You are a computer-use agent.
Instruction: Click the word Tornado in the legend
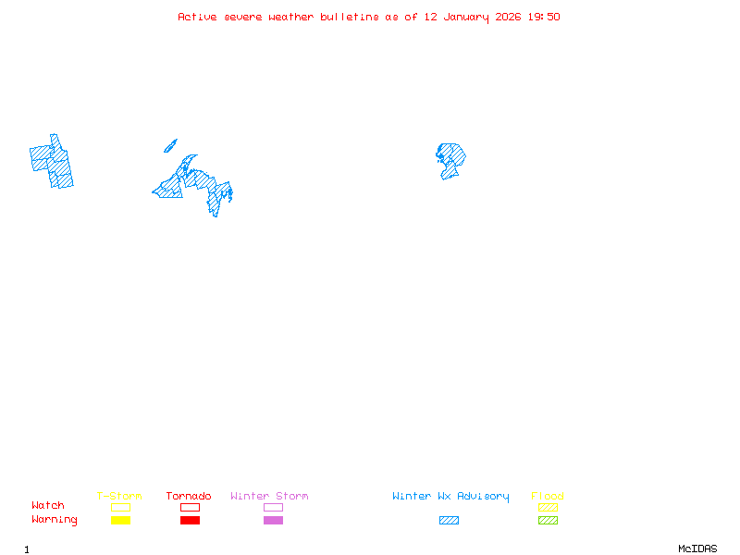189,497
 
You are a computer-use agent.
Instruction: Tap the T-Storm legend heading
119,497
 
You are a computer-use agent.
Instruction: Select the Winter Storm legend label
269,497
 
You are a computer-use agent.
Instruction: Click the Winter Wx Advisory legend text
450,497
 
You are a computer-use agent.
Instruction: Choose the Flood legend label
548,497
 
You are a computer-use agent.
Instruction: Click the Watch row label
48,506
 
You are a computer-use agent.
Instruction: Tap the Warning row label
55,520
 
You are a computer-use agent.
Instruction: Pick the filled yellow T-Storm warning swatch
120,521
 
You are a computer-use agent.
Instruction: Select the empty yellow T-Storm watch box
120,507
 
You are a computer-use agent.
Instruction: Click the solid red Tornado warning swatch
190,521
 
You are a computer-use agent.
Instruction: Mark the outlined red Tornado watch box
190,507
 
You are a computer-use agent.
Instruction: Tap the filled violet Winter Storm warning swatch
273,521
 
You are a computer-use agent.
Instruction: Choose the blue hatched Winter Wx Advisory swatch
449,521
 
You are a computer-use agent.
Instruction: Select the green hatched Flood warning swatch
548,521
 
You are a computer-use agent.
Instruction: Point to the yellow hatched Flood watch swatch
548,507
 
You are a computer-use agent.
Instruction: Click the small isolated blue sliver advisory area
170,145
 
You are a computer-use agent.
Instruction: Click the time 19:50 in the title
544,17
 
